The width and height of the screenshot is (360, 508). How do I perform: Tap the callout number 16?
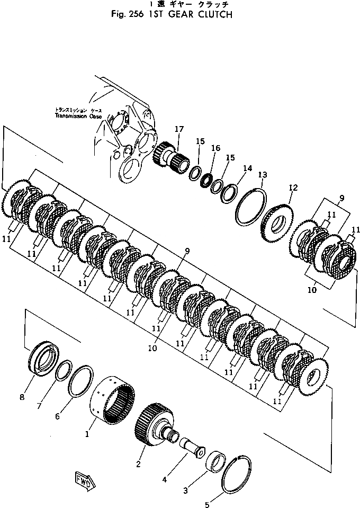(x=215, y=149)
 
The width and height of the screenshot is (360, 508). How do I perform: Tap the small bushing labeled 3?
(x=217, y=459)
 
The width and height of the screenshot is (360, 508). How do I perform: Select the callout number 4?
(x=165, y=480)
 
